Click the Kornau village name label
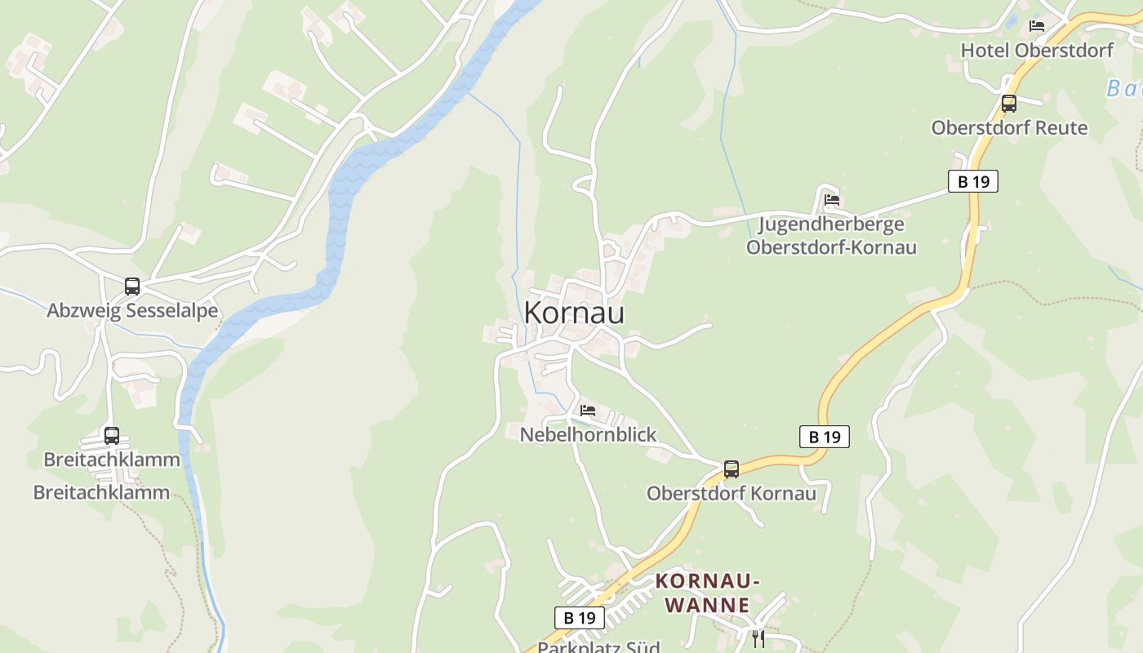[x=574, y=313]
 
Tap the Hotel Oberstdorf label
[x=1037, y=51]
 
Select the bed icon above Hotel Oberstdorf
[x=1037, y=26]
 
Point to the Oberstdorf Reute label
[x=1009, y=128]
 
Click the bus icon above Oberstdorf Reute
[x=1009, y=104]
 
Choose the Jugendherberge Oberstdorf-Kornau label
[x=831, y=236]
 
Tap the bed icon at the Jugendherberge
[x=832, y=199]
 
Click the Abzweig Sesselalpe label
[x=132, y=311]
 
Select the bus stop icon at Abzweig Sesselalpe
[x=132, y=287]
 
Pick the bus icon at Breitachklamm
[x=112, y=436]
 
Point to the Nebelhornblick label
[x=588, y=434]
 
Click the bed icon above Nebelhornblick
[x=588, y=411]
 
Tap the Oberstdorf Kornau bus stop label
[x=732, y=493]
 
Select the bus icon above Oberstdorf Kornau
[x=732, y=469]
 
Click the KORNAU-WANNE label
[x=708, y=593]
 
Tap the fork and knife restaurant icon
[x=758, y=637]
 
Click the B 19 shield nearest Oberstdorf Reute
[x=973, y=181]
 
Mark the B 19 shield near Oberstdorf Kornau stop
[x=825, y=437]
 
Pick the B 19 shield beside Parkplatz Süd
[x=580, y=618]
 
